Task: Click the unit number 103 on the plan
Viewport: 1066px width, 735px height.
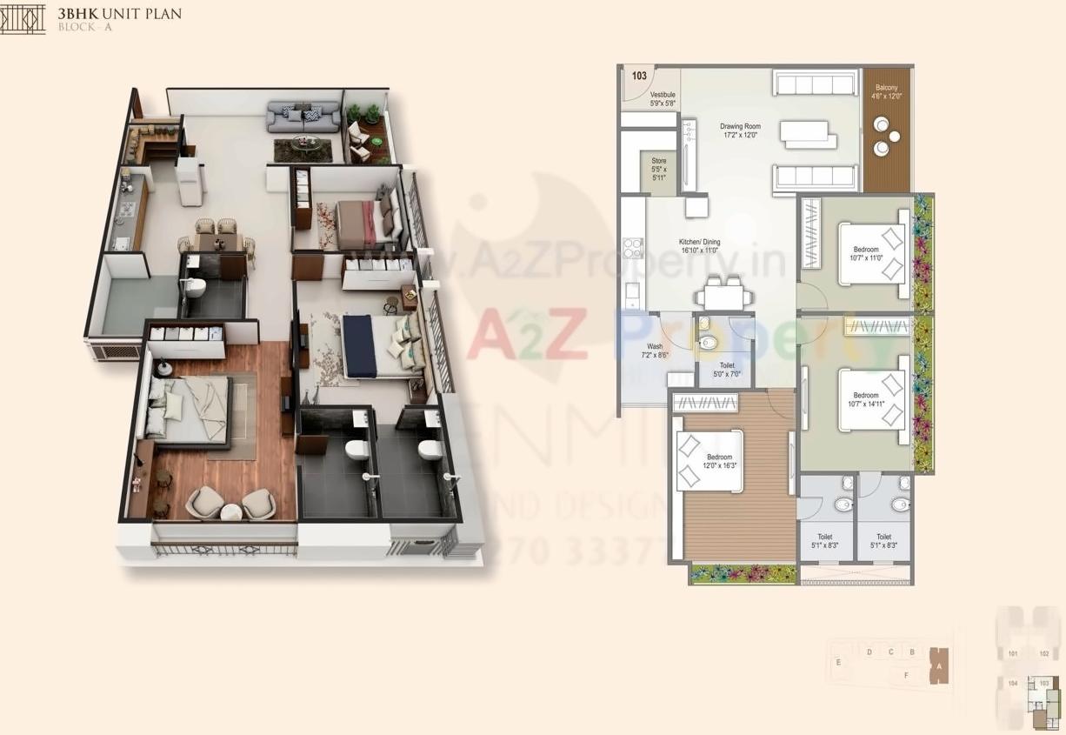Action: [639, 76]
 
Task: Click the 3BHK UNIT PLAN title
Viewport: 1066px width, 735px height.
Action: [120, 14]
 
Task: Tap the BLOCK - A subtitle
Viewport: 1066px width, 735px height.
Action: [85, 28]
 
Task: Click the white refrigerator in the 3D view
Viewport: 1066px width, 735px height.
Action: [189, 180]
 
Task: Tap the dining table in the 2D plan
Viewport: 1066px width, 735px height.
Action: [723, 297]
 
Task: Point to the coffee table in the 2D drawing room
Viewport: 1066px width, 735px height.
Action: [808, 135]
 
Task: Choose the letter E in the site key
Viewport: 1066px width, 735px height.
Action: [839, 663]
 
